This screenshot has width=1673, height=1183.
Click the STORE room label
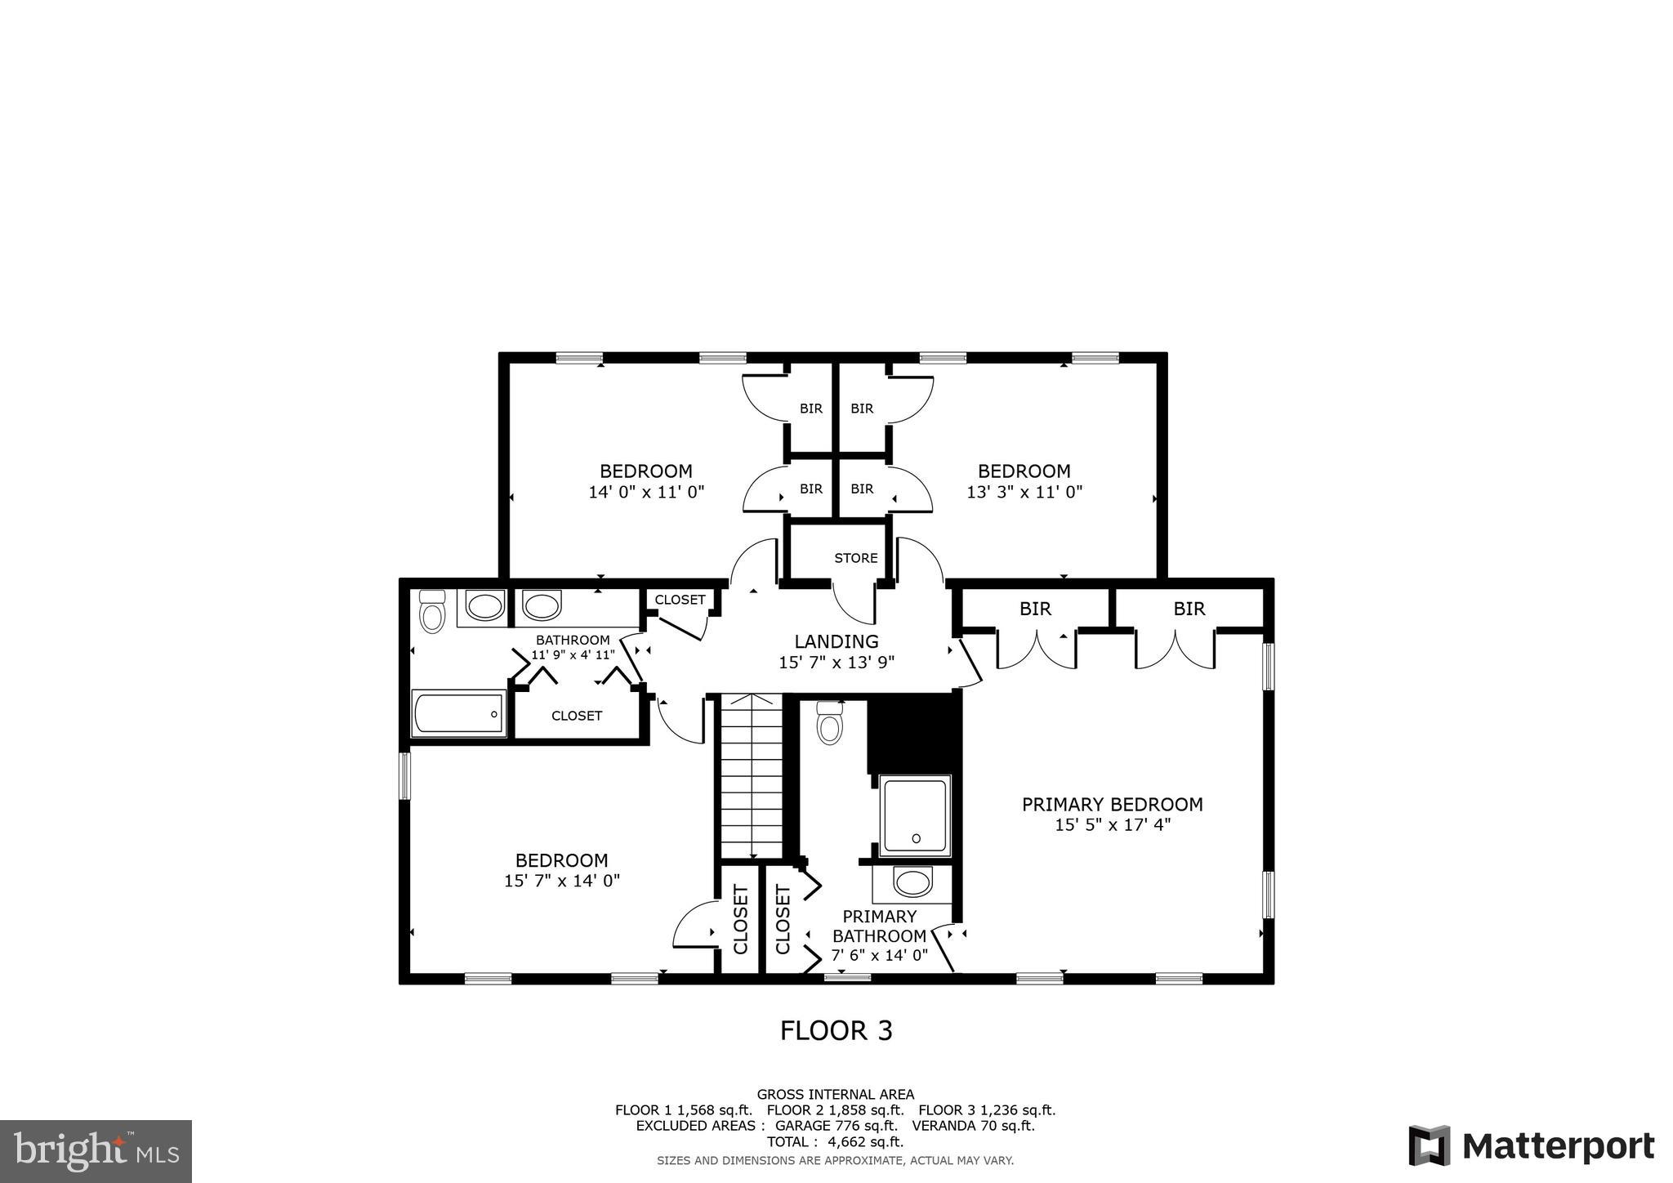pyautogui.click(x=855, y=558)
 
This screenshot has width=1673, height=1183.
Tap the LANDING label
pyautogui.click(x=836, y=641)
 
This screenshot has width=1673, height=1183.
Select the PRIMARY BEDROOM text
pyautogui.click(x=1112, y=804)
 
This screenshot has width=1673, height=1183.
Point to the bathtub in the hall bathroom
pyautogui.click(x=458, y=713)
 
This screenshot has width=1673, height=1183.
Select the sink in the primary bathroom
pyautogui.click(x=912, y=882)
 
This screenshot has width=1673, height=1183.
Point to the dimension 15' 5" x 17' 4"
pyautogui.click(x=1112, y=825)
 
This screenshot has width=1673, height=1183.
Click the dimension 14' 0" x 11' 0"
pyautogui.click(x=645, y=492)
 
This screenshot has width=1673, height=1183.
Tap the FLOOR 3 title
pyautogui.click(x=836, y=1031)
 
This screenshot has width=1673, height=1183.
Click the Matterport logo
pyautogui.click(x=1532, y=1145)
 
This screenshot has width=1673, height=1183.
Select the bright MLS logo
pyautogui.click(x=96, y=1152)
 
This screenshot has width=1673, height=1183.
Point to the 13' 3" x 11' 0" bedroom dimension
pyautogui.click(x=1024, y=492)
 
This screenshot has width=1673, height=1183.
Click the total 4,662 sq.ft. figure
pyautogui.click(x=835, y=1142)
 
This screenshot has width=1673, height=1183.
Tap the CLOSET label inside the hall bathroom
pyautogui.click(x=576, y=716)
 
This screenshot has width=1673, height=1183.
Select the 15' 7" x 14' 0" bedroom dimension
pyautogui.click(x=561, y=881)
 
